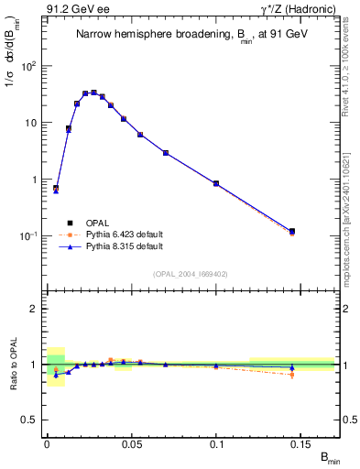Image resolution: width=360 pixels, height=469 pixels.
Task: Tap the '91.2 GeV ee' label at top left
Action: pos(72,8)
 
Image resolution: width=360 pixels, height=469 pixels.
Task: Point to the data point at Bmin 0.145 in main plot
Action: pos(292,232)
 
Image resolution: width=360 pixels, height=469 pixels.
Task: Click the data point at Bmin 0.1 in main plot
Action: pos(216,183)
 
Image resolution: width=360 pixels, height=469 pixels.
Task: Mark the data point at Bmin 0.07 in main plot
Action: pos(166,152)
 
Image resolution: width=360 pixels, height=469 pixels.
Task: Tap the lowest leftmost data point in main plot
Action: pos(56,189)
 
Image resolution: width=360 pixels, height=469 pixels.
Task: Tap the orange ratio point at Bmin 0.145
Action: pos(292,375)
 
